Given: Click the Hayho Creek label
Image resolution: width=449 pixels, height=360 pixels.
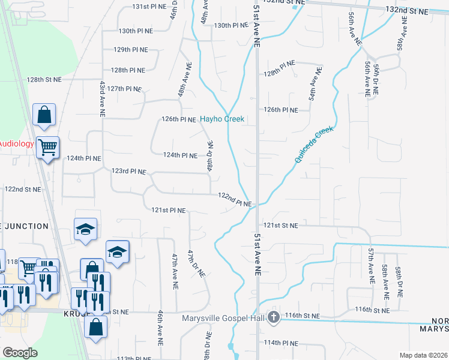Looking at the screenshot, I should (x=222, y=119).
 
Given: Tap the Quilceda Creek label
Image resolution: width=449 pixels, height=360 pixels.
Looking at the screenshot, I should (x=313, y=145).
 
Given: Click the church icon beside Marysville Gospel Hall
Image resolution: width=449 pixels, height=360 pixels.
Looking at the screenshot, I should (x=274, y=317).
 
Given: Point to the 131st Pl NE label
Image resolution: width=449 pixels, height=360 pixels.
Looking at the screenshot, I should (x=148, y=7).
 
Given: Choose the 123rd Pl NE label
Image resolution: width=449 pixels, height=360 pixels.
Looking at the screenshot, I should (x=128, y=172).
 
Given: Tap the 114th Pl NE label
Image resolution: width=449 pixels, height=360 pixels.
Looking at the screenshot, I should (x=282, y=343).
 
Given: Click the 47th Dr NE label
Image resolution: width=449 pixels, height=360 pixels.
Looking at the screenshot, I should (x=197, y=263).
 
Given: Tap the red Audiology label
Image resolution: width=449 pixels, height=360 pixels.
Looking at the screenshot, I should (x=16, y=143).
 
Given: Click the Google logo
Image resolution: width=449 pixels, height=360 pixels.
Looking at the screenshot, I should (x=20, y=352).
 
